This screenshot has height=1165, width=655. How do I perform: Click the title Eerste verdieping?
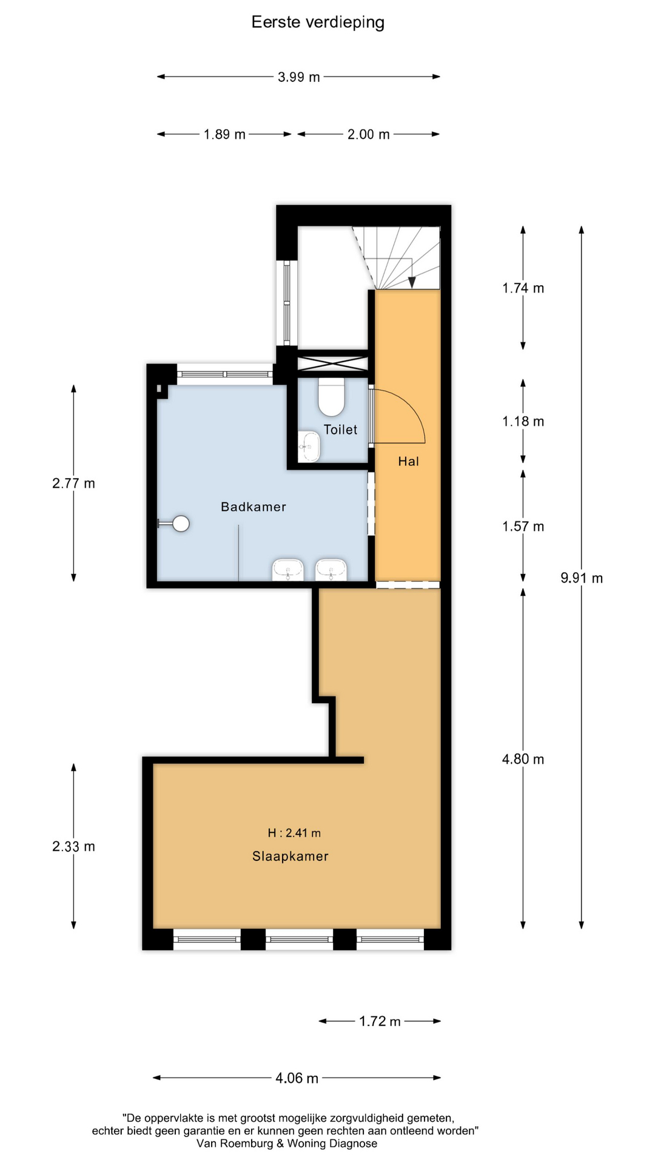pyautogui.click(x=318, y=22)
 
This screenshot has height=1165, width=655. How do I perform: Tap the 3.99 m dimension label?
pyautogui.click(x=298, y=77)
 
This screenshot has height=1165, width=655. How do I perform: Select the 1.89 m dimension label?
pyautogui.click(x=224, y=134)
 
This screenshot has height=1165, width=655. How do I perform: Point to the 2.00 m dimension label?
pyautogui.click(x=368, y=134)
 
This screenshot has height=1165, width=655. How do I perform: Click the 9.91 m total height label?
pyautogui.click(x=582, y=578)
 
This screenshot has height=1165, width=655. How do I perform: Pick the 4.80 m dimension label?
pyautogui.click(x=523, y=759)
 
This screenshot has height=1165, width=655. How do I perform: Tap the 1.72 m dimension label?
pyautogui.click(x=380, y=1021)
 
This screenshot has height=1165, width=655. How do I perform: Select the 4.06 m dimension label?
pyautogui.click(x=297, y=1078)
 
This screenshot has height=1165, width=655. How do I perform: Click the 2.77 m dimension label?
pyautogui.click(x=73, y=484)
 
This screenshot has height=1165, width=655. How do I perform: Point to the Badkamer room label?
pyautogui.click(x=253, y=507)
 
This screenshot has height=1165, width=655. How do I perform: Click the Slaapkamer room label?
pyautogui.click(x=290, y=856)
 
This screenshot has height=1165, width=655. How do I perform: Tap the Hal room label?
pyautogui.click(x=408, y=461)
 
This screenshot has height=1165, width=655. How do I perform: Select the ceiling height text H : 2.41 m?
pyautogui.click(x=294, y=833)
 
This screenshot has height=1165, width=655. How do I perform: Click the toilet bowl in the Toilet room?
pyautogui.click(x=331, y=395)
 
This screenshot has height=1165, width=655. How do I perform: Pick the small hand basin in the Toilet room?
pyautogui.click(x=309, y=447)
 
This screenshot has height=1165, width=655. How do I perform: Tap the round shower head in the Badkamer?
pyautogui.click(x=181, y=523)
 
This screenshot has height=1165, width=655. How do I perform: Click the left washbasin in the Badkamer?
pyautogui.click(x=288, y=570)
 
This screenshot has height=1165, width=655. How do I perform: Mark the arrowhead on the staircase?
pyautogui.click(x=412, y=282)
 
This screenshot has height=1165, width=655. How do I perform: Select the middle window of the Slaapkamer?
pyautogui.click(x=299, y=939)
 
